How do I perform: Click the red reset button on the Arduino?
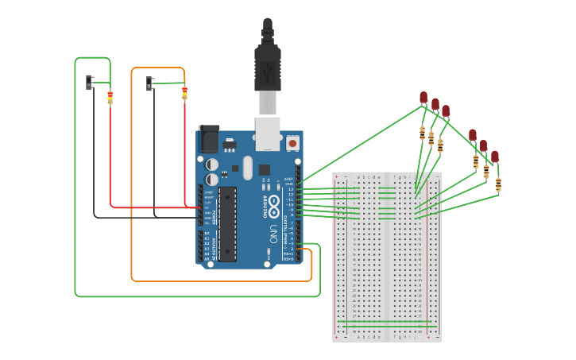[x=292, y=143]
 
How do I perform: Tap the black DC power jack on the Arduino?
[x=209, y=139]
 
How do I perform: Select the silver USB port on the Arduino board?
[x=268, y=133]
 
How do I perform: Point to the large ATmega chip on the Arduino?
[x=227, y=224]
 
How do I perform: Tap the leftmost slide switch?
[x=90, y=81]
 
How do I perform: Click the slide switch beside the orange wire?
[x=150, y=83]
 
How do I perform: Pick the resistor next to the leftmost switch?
[x=110, y=98]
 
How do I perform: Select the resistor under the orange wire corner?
[x=184, y=94]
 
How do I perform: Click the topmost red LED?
[x=423, y=98]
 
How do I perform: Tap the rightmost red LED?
[x=494, y=157]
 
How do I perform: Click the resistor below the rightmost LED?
[x=498, y=185]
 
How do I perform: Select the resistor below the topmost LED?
[x=422, y=133]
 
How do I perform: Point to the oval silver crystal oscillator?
[x=247, y=167]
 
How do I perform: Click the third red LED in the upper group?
[x=446, y=111]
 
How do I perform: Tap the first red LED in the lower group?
[x=473, y=135]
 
